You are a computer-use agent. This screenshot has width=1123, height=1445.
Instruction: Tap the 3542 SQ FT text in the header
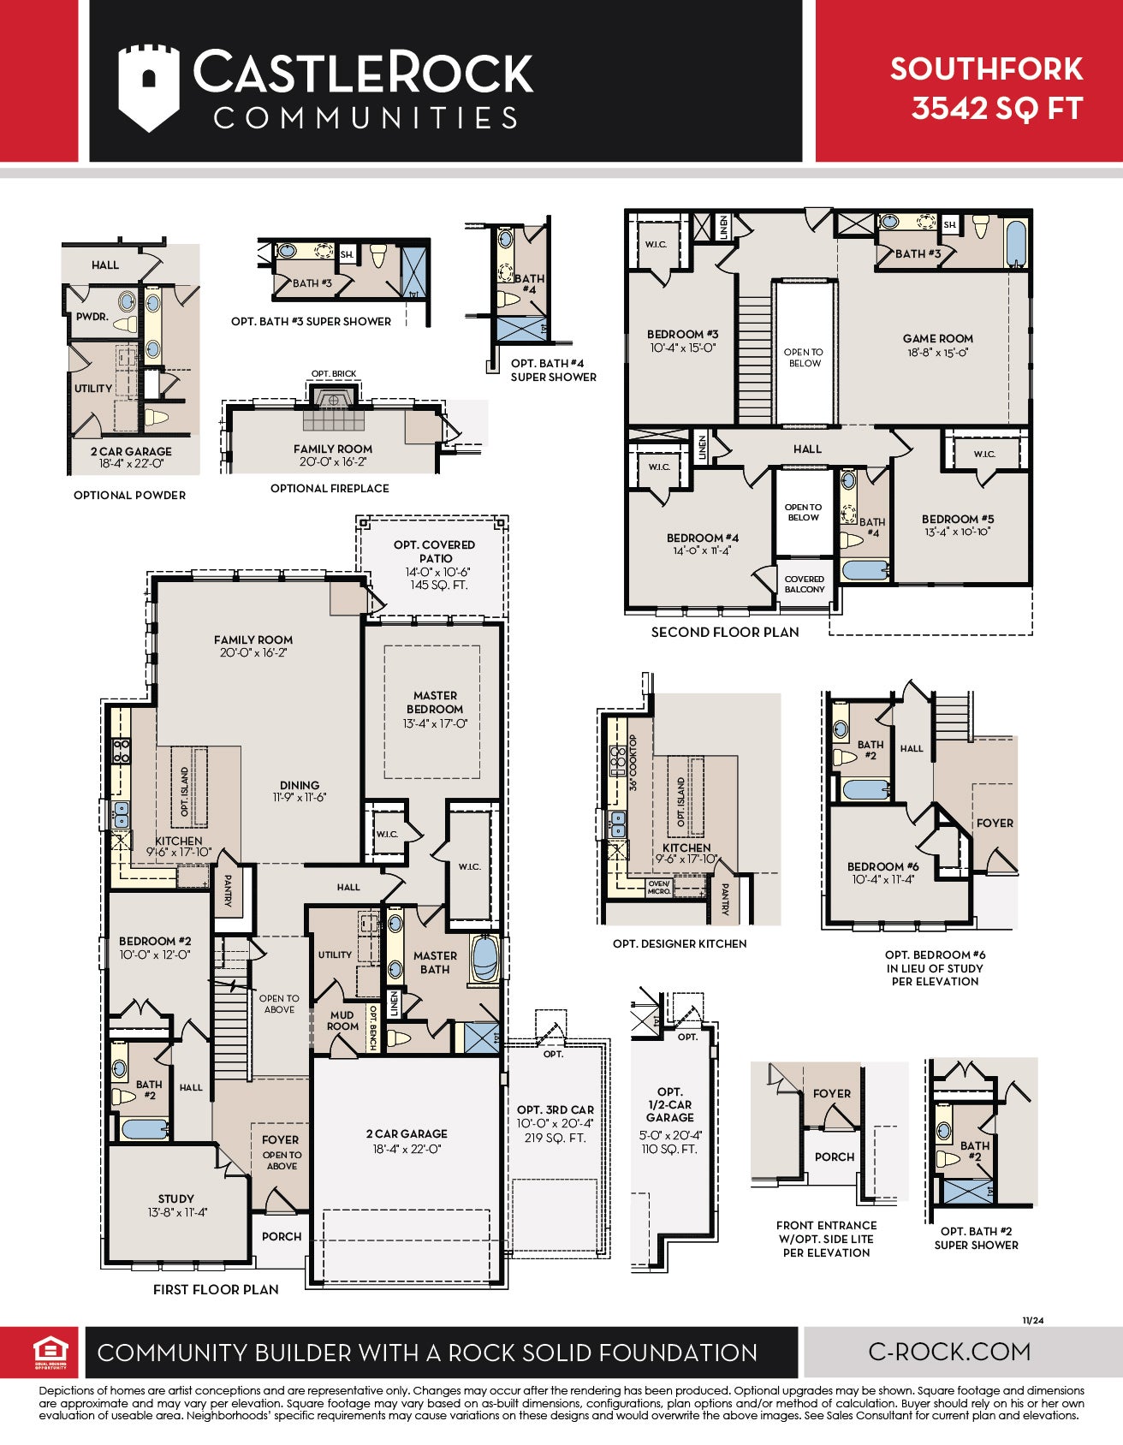(997, 109)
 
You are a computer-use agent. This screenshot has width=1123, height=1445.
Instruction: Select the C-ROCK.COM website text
(949, 1352)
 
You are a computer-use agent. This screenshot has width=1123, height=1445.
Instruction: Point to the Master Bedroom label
(435, 702)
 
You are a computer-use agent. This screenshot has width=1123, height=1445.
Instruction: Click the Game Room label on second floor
(937, 338)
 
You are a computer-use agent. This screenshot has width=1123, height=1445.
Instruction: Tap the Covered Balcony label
(805, 584)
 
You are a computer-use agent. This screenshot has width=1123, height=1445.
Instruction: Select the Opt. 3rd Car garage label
(555, 1109)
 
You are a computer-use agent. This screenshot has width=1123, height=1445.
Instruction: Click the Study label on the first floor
(176, 1198)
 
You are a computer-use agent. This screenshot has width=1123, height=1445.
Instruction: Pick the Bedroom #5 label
(958, 519)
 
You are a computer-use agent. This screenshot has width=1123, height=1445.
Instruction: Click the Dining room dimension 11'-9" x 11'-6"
(300, 798)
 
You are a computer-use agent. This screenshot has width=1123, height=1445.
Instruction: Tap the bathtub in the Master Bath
(485, 959)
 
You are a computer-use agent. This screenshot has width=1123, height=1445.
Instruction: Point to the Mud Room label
(342, 1020)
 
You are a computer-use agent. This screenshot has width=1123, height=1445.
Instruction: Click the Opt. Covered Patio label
(435, 551)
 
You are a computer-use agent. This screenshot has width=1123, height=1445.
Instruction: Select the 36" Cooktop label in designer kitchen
(633, 762)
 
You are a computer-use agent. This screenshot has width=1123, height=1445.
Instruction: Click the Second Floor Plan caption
(725, 632)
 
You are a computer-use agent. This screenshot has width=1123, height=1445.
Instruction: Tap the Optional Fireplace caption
(330, 488)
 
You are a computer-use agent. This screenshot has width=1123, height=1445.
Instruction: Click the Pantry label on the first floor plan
(228, 890)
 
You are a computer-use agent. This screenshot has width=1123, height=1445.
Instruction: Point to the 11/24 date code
(1033, 1320)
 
